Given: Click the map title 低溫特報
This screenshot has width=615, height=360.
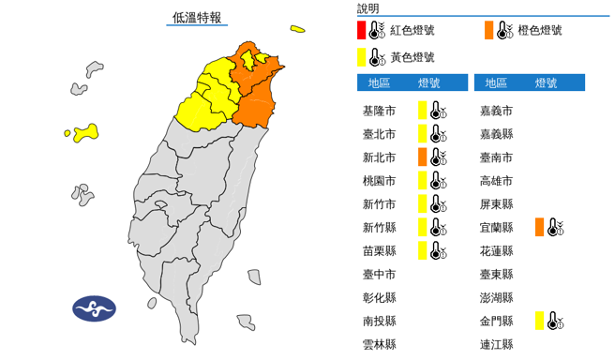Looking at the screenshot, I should coord(197,17).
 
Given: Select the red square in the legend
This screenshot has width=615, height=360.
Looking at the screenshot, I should coord(362,31).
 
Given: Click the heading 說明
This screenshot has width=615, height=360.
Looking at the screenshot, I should coord(368,8).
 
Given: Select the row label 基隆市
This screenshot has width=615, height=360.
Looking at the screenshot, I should coord(379,111).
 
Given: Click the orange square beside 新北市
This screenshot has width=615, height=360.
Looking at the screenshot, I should coord(423,157).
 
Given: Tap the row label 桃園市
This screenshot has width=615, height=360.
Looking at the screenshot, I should coord(379,180).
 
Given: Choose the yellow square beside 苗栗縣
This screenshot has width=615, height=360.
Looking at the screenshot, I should coord(423,249).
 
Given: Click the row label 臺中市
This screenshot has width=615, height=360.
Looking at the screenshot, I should coord(379,274).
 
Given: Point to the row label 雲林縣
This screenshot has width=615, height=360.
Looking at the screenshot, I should coord(379,343).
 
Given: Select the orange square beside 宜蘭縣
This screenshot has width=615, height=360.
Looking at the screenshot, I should coord(540,227).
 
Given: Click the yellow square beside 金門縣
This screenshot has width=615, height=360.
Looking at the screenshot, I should coord(540,321).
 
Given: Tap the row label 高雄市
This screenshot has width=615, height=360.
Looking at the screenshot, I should coord(496,180).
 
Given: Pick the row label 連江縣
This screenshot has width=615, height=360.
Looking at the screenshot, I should coord(496,343).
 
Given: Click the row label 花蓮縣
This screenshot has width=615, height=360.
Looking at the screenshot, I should coord(496,250).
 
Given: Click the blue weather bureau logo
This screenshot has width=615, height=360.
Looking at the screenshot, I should coord(94,308).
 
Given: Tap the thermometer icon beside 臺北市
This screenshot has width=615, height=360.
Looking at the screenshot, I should coord(438,134).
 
